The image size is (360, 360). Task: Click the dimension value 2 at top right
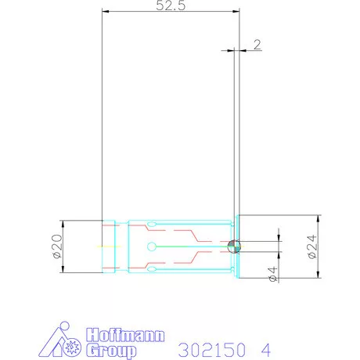257,45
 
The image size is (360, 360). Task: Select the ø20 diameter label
56,247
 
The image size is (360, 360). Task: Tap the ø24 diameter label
310,247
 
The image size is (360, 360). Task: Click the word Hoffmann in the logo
124,333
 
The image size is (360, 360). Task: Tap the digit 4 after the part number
265,347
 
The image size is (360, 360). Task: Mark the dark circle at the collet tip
233,247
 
